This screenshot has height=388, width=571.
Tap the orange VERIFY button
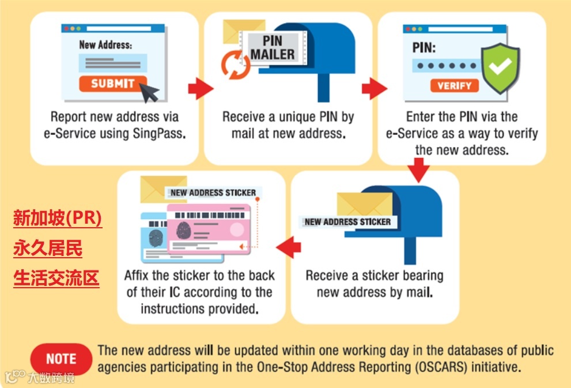(454, 86)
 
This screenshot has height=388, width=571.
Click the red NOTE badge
(61, 359)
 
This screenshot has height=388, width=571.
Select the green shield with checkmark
(500, 68)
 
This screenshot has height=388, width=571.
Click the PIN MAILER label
(273, 48)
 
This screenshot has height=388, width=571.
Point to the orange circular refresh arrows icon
(236, 63)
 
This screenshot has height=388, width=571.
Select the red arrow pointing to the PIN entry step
(373, 89)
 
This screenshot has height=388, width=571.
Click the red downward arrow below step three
(418, 170)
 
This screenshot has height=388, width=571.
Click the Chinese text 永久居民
(48, 249)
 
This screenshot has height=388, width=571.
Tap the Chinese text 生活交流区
(56, 278)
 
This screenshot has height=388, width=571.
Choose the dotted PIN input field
(445, 66)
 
